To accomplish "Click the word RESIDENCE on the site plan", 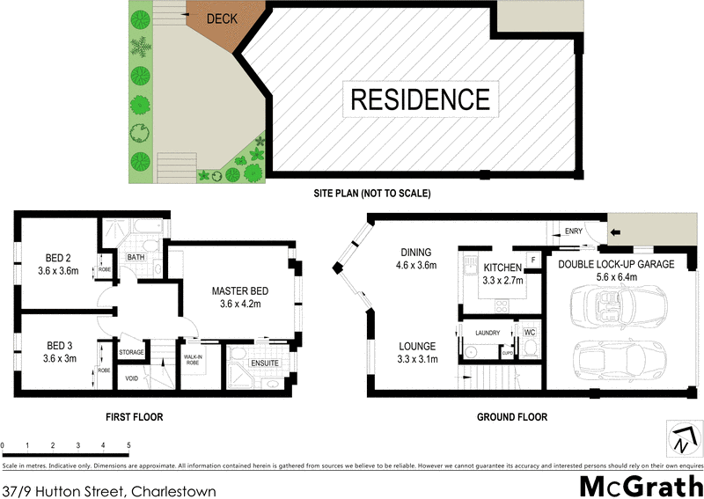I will coord(421,99).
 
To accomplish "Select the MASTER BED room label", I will coord(240,290).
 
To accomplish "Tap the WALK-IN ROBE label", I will coord(194,361).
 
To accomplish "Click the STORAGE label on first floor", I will coord(132,353).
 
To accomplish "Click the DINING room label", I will coord(415,251).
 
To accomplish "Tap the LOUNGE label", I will coord(415,346).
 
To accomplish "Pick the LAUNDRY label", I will coord(488,333).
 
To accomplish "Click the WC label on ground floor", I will coord(530,332).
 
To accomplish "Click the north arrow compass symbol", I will coord(680,437).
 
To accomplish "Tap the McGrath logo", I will coord(640,485).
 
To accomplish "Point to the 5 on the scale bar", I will coord(128,446).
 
